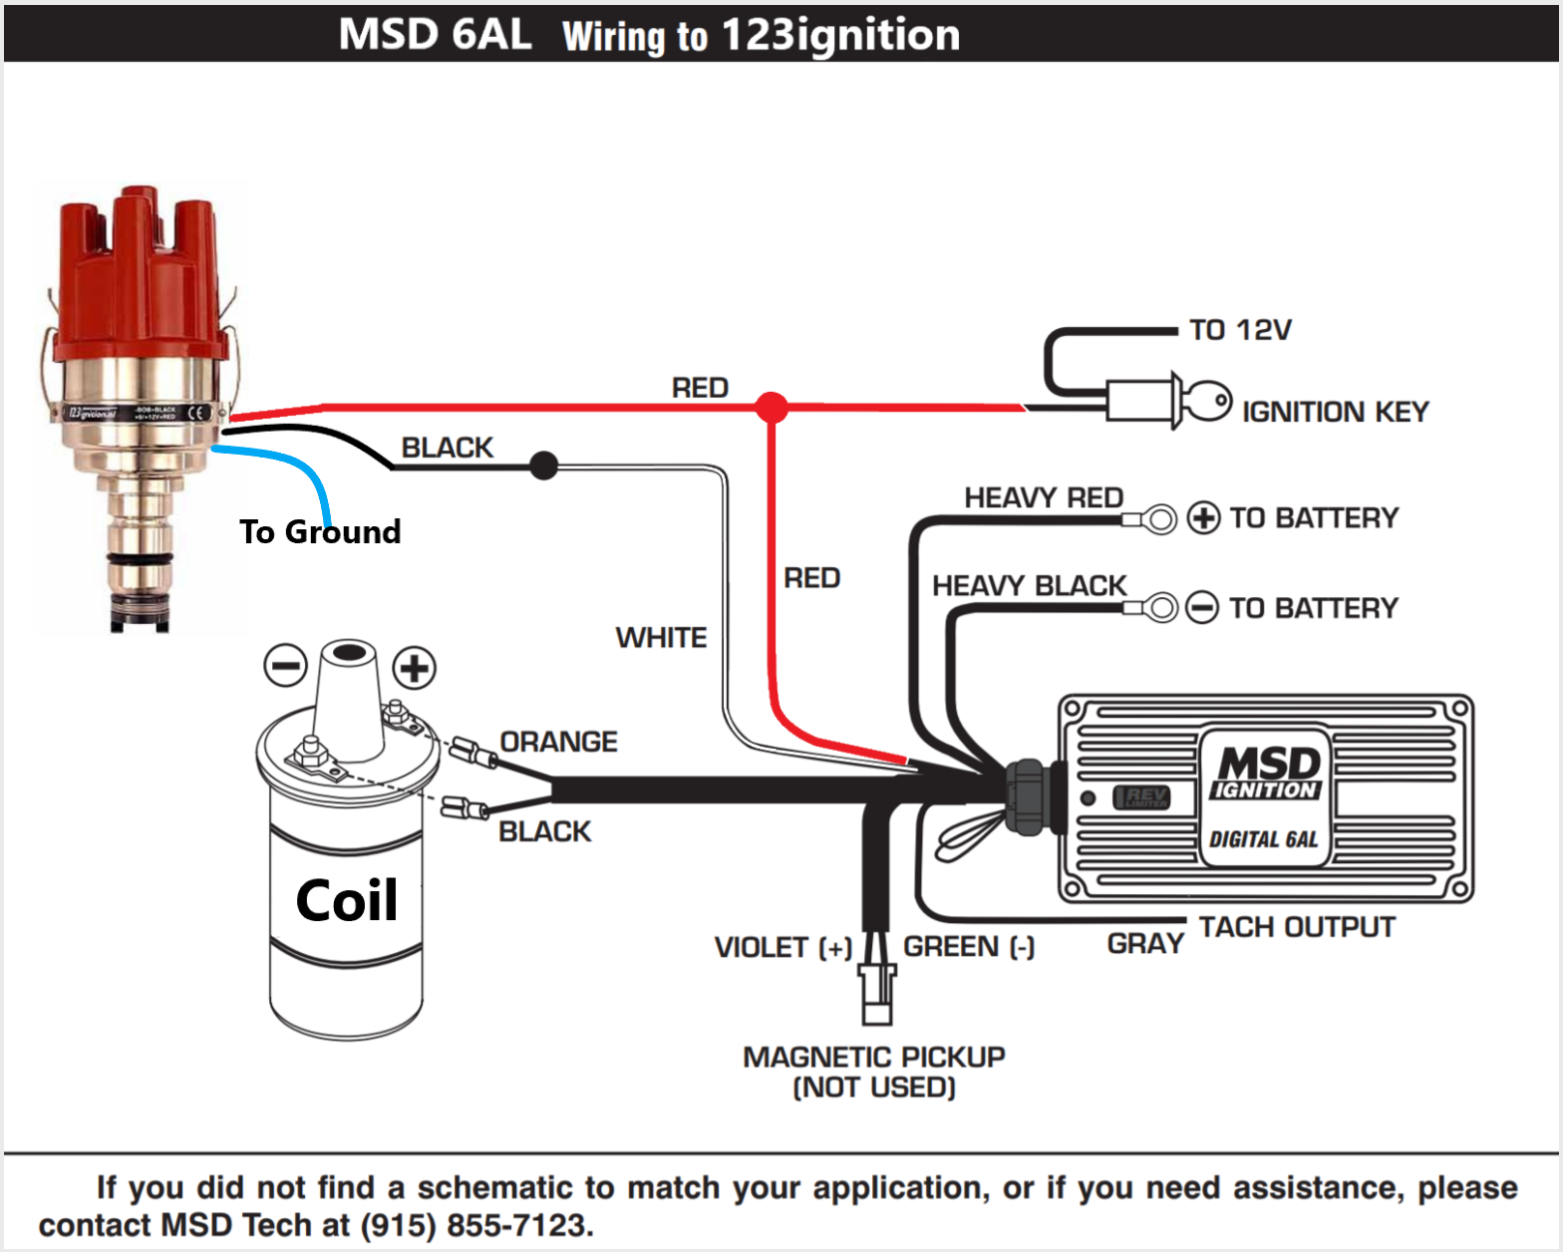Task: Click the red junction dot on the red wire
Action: point(771,407)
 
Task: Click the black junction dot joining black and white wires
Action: point(543,466)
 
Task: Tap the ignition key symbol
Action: point(1207,402)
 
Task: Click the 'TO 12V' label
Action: point(1240,330)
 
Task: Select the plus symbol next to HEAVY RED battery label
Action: point(1203,518)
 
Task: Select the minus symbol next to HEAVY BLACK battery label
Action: point(1201,607)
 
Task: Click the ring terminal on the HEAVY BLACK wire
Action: point(1158,607)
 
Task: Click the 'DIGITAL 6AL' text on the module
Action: point(1264,839)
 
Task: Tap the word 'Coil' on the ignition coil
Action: point(346,901)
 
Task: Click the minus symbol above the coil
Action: point(285,666)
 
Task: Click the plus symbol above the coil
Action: point(415,667)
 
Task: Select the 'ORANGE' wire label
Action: point(558,742)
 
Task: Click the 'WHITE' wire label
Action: point(661,637)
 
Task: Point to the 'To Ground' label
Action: point(320,532)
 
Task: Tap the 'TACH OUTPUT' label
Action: point(1296,927)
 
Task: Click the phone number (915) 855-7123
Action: point(473,1225)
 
